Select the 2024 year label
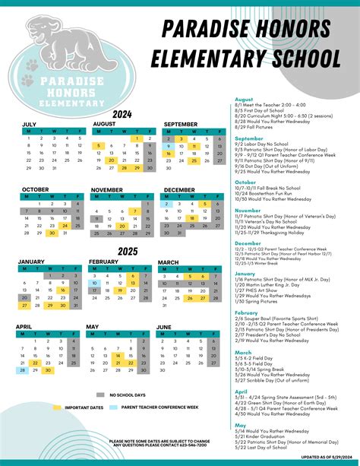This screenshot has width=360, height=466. coord(122,114)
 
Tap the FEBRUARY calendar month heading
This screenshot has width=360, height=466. coord(104,262)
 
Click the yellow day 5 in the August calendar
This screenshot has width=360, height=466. coord(97,146)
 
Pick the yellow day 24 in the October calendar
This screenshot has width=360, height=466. coord(65,226)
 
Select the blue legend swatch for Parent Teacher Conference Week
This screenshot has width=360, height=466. coord(115,407)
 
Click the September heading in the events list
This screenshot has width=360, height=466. coord(249,138)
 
